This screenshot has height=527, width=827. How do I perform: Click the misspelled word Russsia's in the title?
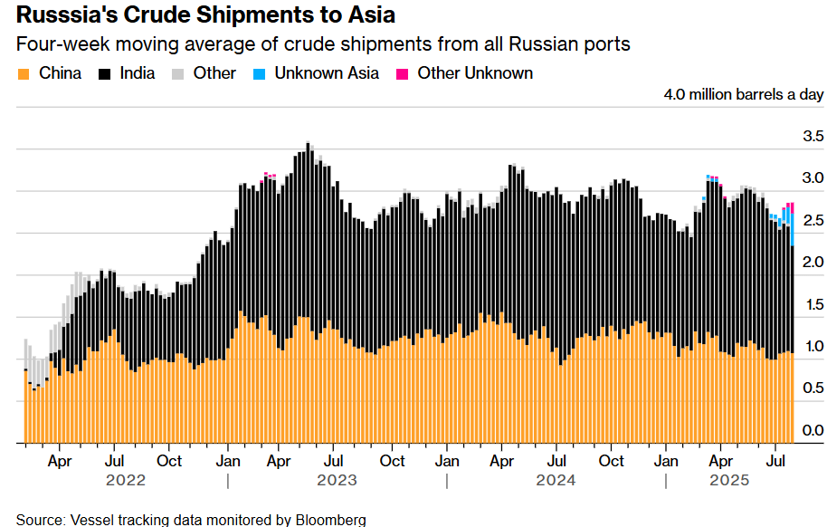point(66,15)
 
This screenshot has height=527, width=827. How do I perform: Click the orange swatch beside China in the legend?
point(24,73)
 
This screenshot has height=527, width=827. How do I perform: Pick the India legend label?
point(138,73)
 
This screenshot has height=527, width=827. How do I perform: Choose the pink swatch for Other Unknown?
point(403,73)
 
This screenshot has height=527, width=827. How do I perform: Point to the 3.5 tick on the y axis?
point(813,137)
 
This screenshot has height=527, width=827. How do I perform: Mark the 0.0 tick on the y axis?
point(813,430)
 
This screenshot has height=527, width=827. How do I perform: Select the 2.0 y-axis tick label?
point(813,263)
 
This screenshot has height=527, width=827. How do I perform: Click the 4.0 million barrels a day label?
point(743,95)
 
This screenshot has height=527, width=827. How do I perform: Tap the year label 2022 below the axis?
point(125,480)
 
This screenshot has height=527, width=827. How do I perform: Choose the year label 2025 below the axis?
point(729,480)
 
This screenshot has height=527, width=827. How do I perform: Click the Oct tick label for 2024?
point(612,460)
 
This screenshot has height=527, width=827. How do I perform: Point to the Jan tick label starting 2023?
point(228,460)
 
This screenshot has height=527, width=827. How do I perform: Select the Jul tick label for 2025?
point(775,460)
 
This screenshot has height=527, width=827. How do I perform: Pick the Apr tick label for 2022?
point(59,460)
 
